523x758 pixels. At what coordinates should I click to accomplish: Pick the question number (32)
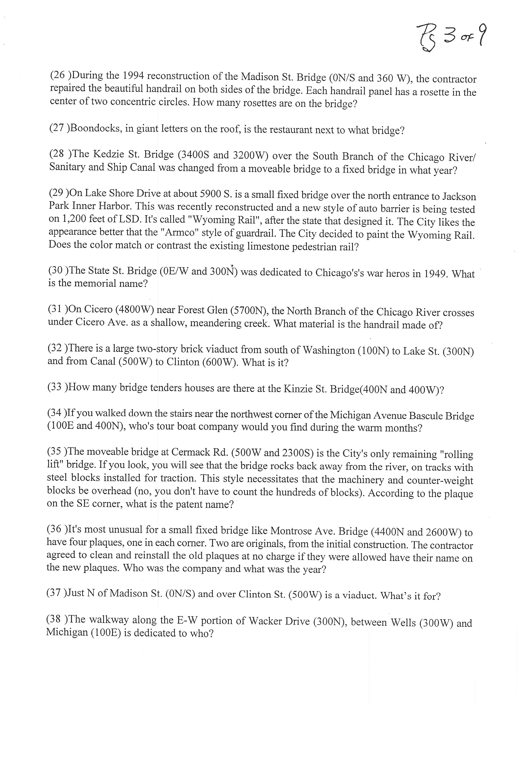[x=56, y=348]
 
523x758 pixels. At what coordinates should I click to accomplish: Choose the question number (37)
[x=56, y=593]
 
